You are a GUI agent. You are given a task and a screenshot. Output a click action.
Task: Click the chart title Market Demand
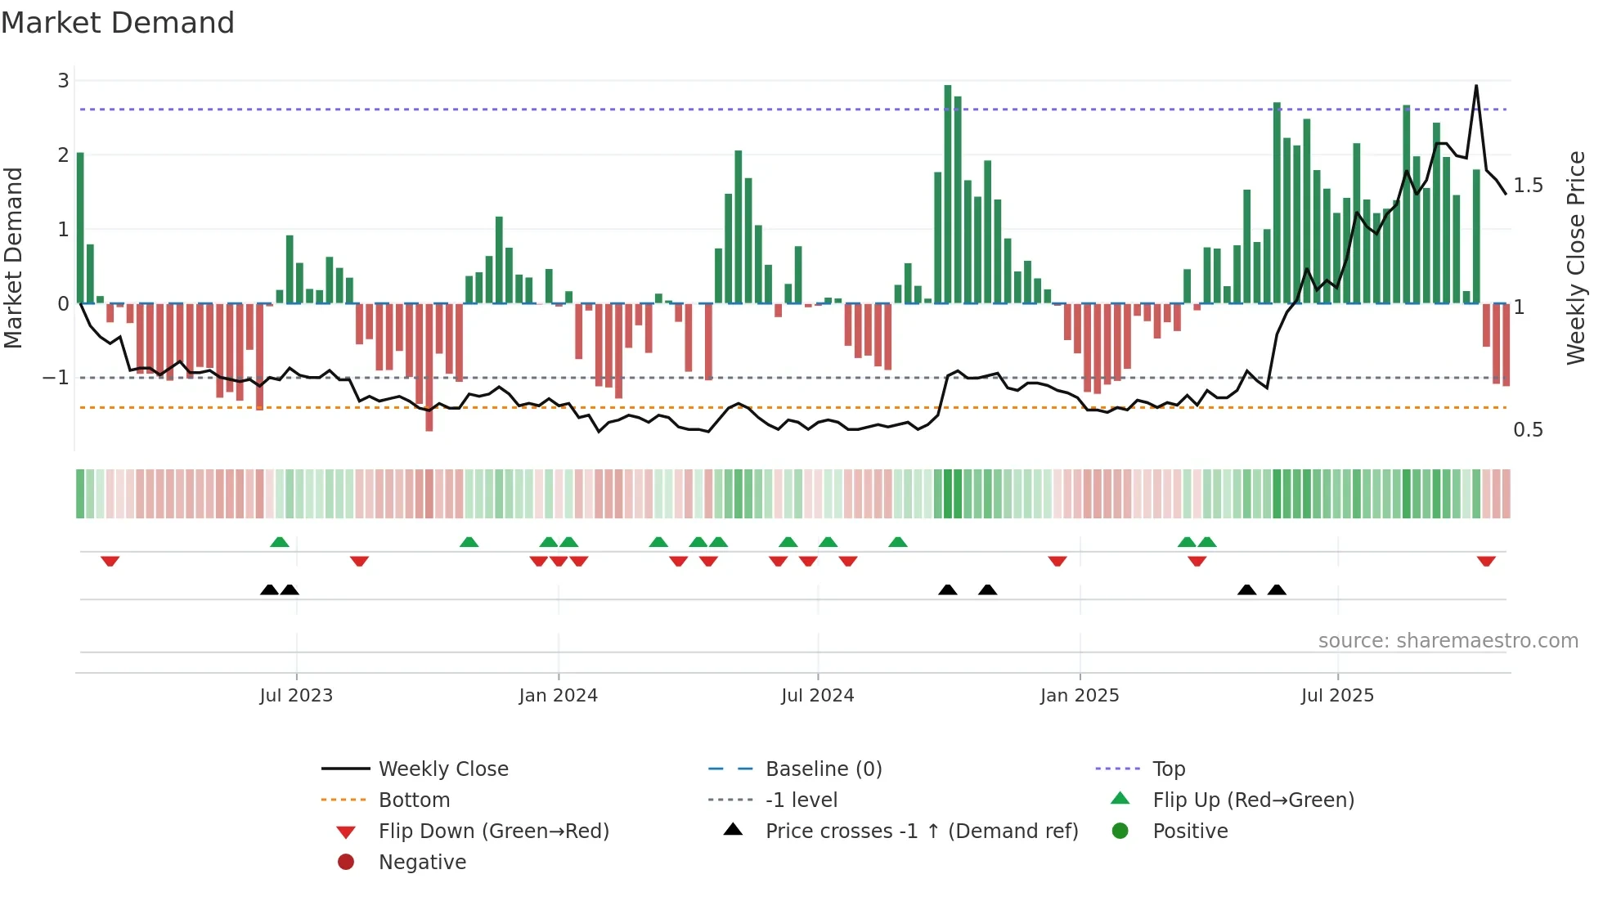click(118, 23)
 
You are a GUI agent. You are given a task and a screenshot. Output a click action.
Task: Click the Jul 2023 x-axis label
click(296, 696)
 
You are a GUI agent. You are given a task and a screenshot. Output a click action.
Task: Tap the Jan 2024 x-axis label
click(558, 696)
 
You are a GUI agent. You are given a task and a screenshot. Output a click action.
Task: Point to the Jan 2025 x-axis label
click(1080, 696)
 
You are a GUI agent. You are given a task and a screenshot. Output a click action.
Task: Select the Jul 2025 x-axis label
click(1337, 696)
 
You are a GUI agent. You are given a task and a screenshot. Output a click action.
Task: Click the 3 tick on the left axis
click(63, 81)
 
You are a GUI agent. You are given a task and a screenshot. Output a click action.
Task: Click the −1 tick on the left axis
click(56, 378)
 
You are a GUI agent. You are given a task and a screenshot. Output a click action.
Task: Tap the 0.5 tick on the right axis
click(1528, 430)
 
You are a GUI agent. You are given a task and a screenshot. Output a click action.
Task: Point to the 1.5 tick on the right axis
click(1528, 186)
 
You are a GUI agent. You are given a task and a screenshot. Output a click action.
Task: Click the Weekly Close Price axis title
click(1575, 258)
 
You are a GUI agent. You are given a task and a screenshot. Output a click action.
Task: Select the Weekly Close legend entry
click(443, 769)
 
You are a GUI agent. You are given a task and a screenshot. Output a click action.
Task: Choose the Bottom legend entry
click(414, 800)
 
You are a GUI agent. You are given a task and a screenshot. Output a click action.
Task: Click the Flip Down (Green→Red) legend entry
click(493, 832)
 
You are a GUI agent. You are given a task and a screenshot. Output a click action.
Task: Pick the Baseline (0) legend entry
click(824, 769)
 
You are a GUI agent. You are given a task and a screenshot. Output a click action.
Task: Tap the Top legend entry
click(1169, 769)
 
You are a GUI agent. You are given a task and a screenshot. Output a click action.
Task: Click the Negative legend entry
click(422, 863)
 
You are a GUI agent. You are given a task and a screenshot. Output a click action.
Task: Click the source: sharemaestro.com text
click(1448, 641)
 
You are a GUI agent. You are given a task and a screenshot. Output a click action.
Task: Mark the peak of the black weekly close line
click(1476, 86)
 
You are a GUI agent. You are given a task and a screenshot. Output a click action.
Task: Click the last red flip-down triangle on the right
click(1486, 561)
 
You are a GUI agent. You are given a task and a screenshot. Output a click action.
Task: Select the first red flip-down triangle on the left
click(110, 561)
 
